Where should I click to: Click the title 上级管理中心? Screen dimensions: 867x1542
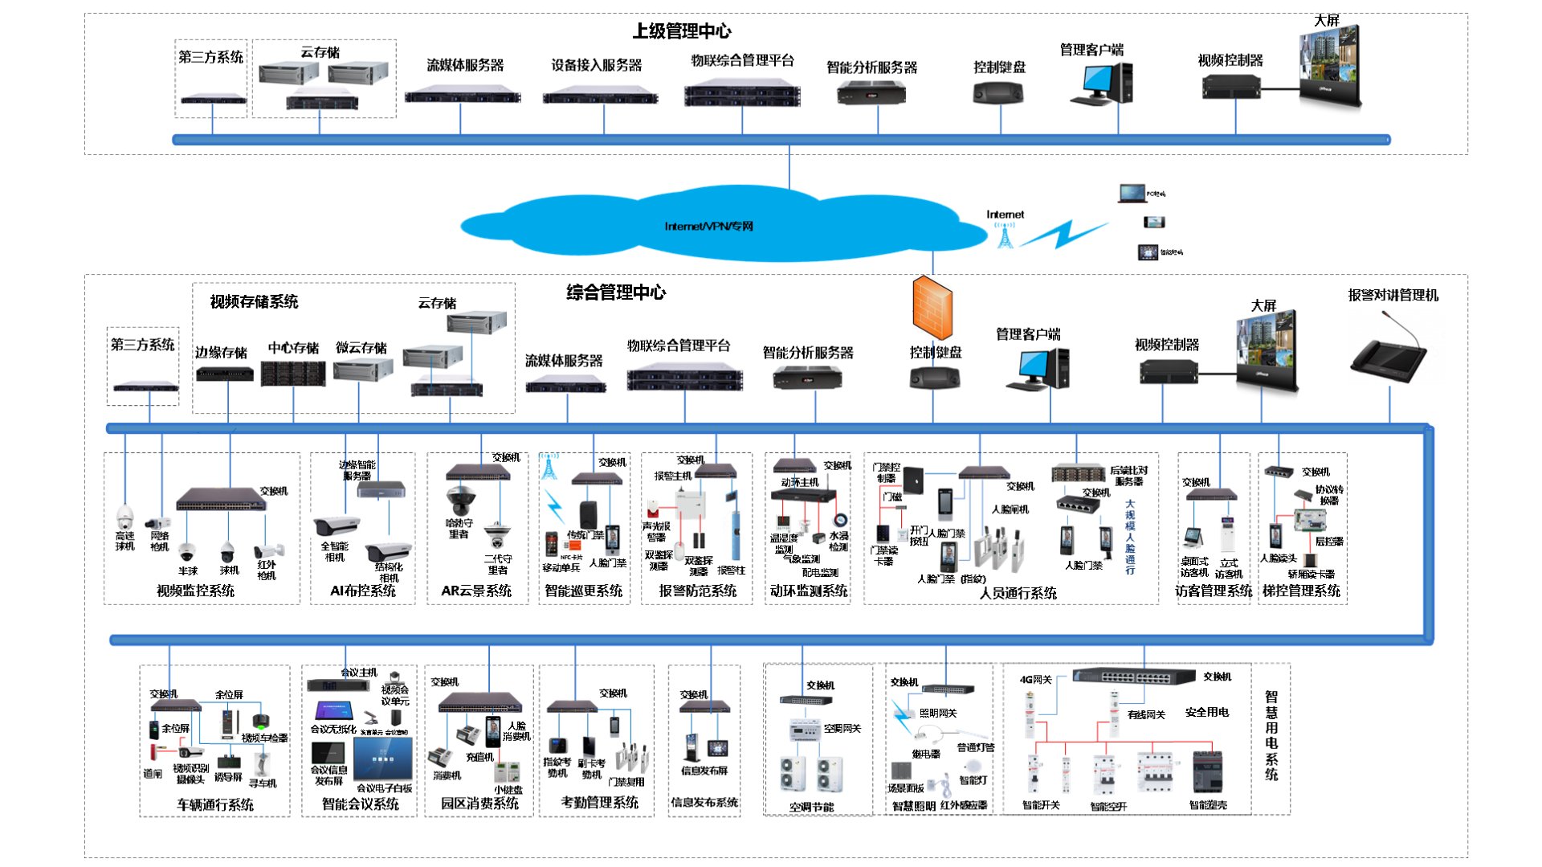coord(682,31)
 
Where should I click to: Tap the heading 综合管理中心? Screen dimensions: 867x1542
coord(616,292)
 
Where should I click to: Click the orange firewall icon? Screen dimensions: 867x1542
coord(932,308)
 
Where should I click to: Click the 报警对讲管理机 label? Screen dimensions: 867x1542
coord(1393,295)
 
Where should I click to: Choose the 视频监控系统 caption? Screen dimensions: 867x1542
coord(195,591)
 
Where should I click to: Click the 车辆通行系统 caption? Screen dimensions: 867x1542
coord(215,804)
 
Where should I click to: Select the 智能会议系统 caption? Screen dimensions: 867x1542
coord(360,804)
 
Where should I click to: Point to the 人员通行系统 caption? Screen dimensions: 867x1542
coord(1018,593)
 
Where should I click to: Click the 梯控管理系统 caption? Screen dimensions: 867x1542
coord(1301,591)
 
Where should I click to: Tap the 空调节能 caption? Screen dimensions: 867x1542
coord(811,807)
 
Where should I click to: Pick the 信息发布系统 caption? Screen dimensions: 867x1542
coord(704,802)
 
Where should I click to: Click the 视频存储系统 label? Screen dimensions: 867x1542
coord(254,302)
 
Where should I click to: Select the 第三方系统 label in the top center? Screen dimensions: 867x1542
coord(210,57)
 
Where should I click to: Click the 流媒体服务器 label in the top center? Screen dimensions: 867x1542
coord(465,65)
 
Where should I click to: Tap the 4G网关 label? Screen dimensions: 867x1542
coord(1035,680)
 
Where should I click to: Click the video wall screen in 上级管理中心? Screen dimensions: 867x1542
coord(1330,67)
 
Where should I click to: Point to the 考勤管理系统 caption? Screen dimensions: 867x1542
coord(599,802)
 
